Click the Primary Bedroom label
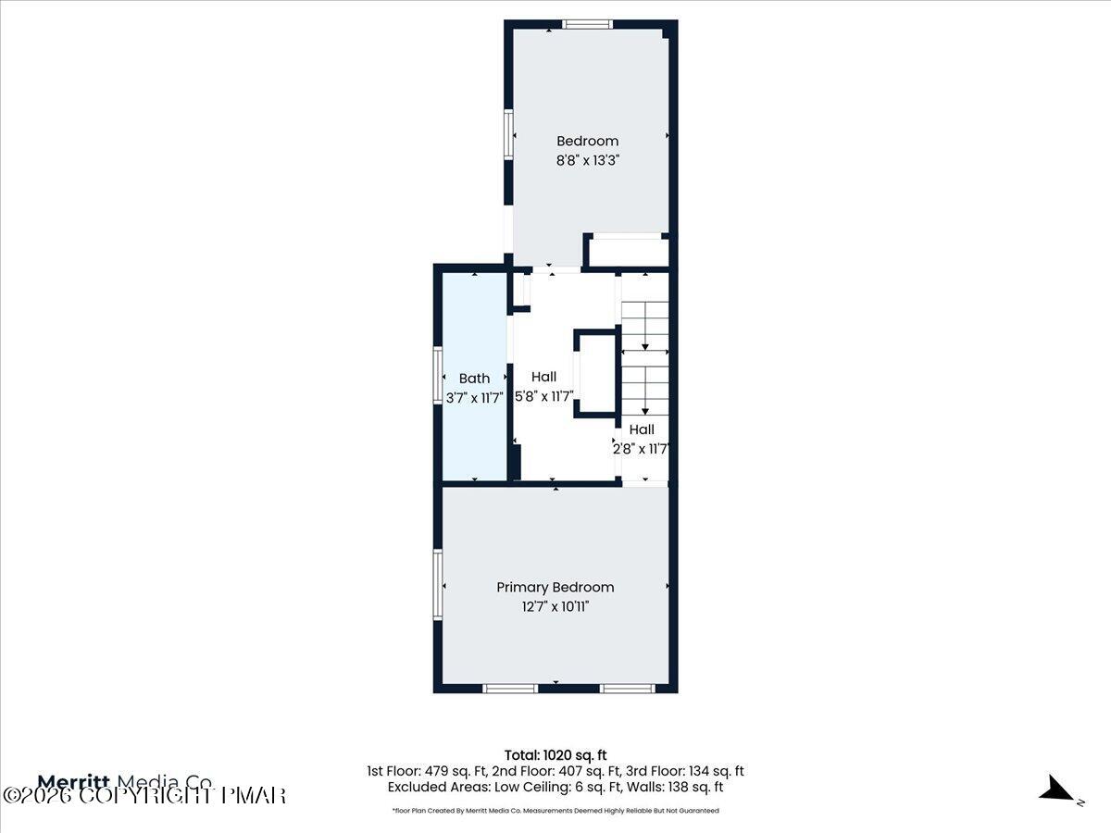click(x=555, y=587)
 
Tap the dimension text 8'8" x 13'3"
click(x=587, y=159)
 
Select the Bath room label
click(x=474, y=378)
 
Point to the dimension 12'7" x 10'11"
click(x=555, y=606)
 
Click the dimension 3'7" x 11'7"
click(x=474, y=397)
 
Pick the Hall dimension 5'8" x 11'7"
click(x=543, y=396)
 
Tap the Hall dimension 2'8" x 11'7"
click(x=642, y=449)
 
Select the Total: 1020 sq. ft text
click(x=555, y=754)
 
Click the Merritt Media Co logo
click(x=125, y=780)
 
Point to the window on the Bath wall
click(x=439, y=376)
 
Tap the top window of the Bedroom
click(x=587, y=24)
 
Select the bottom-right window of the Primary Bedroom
click(x=628, y=688)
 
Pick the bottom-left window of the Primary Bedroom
click(x=510, y=688)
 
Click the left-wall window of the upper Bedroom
click(x=507, y=134)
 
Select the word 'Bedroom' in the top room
click(x=587, y=141)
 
